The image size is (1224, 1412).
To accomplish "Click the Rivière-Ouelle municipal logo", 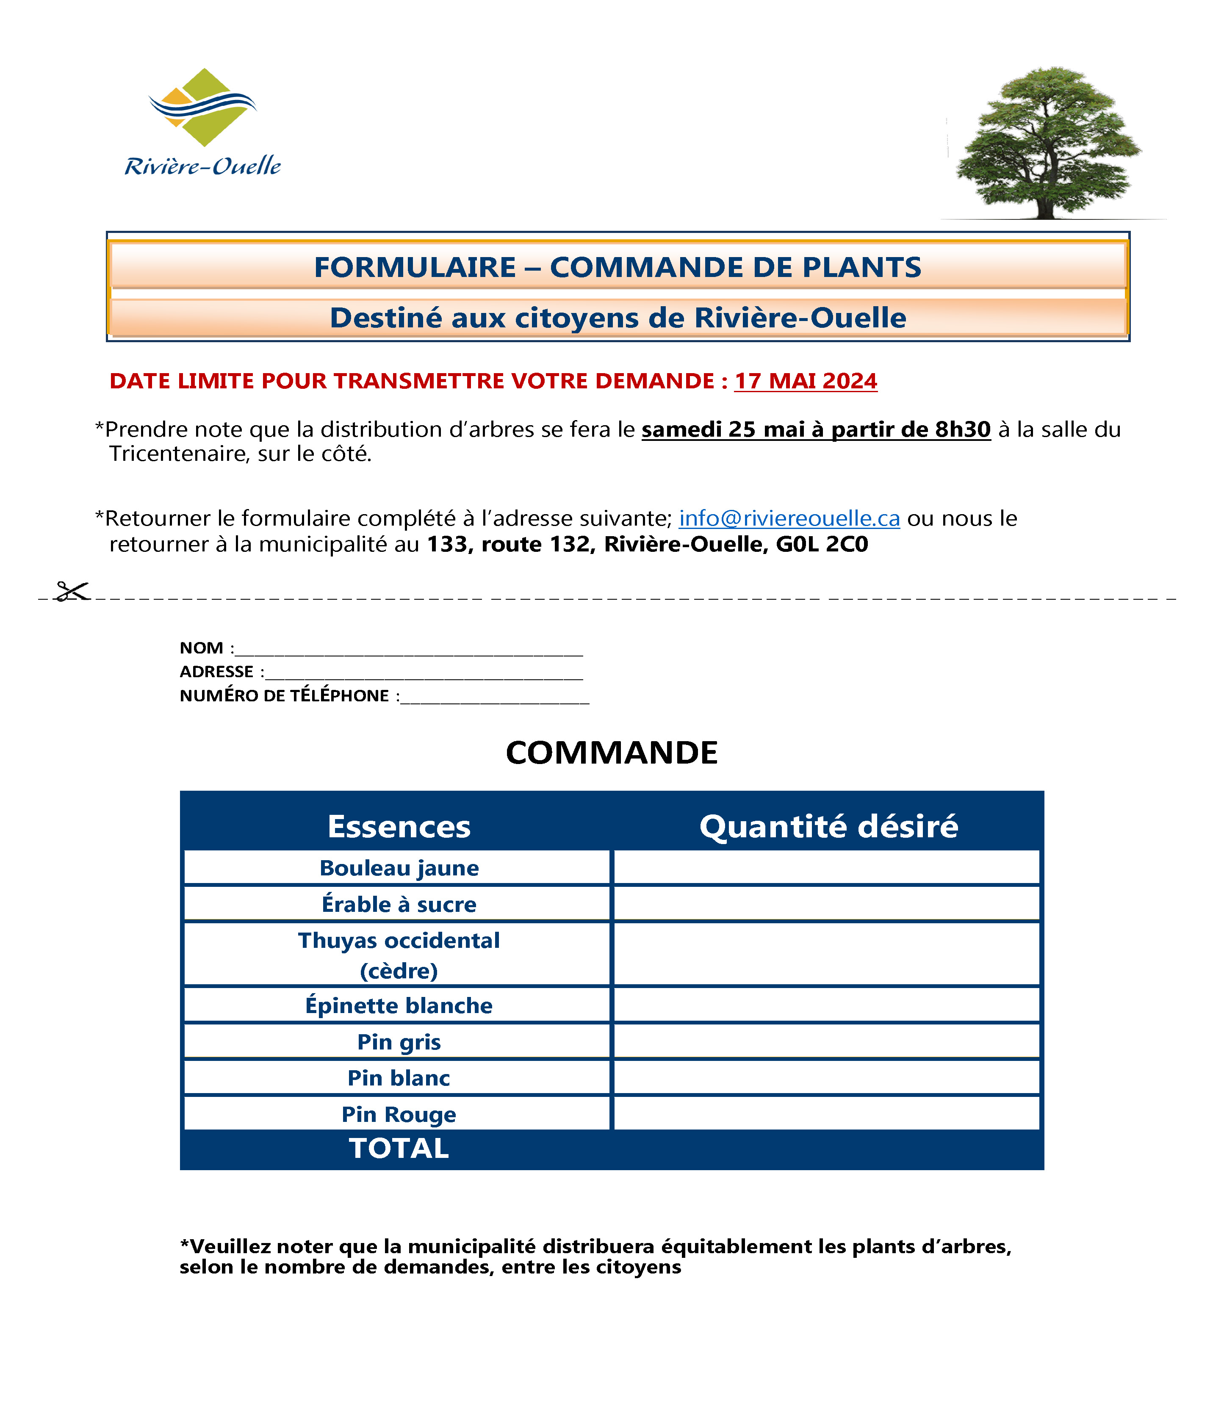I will pyautogui.click(x=202, y=123).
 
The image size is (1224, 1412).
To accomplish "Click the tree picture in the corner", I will pyautogui.click(x=1049, y=144).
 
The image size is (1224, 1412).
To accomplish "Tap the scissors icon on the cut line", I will pyautogui.click(x=72, y=592).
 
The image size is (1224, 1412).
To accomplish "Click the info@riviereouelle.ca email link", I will pyautogui.click(x=789, y=518).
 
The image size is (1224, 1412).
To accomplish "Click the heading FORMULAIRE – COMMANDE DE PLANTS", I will pyautogui.click(x=618, y=267).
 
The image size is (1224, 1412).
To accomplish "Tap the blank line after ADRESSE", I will pyautogui.click(x=424, y=673).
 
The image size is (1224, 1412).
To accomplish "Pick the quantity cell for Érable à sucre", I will pyautogui.click(x=826, y=904).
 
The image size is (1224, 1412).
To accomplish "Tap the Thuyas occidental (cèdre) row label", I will pyautogui.click(x=399, y=954).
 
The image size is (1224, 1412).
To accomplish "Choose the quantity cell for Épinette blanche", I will pyautogui.click(x=826, y=1005).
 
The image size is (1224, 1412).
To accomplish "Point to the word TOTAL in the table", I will pyautogui.click(x=399, y=1148).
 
